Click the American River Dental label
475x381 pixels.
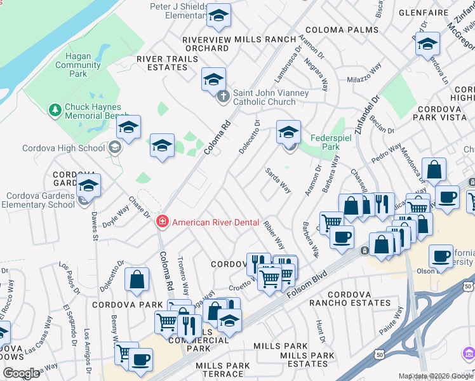(x=216, y=222)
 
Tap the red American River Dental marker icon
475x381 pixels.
(x=163, y=222)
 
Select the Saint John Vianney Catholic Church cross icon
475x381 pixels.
(x=222, y=97)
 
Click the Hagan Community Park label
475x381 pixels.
(x=78, y=65)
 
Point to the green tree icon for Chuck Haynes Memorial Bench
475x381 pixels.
(x=55, y=110)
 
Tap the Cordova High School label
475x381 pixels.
(x=64, y=148)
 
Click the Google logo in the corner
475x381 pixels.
(x=21, y=373)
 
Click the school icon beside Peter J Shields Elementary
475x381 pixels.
(x=218, y=17)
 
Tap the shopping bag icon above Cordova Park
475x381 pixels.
(x=137, y=279)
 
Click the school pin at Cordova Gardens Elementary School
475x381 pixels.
(x=88, y=187)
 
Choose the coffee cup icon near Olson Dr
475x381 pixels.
(x=440, y=256)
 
